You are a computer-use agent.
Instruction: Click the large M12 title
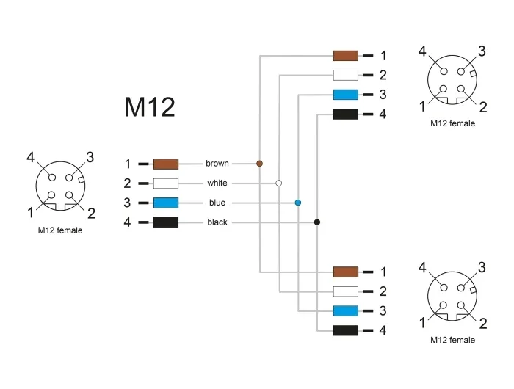click(x=150, y=107)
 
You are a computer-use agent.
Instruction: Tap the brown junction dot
click(x=259, y=164)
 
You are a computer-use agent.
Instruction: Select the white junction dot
click(x=278, y=183)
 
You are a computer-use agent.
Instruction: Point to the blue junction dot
click(x=297, y=203)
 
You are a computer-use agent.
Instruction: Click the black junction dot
click(x=317, y=222)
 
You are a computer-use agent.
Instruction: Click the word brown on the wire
click(x=217, y=163)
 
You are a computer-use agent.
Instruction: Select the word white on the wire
click(x=217, y=183)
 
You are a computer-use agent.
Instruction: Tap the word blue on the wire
click(x=217, y=203)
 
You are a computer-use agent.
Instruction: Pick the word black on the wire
click(x=217, y=222)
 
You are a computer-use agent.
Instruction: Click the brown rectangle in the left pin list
click(x=166, y=164)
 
